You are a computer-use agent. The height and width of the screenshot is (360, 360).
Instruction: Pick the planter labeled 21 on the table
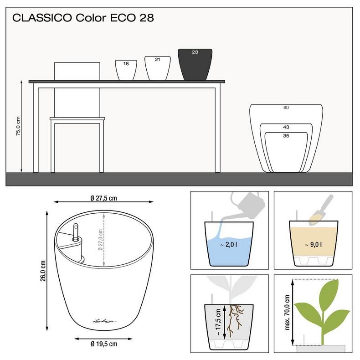click(157, 67)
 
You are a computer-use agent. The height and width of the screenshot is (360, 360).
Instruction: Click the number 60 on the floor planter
click(286, 108)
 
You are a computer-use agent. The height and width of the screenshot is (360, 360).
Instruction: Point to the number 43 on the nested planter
click(286, 127)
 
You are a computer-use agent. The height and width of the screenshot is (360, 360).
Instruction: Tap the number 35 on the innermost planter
click(286, 135)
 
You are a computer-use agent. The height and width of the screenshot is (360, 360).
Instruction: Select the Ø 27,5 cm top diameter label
click(104, 198)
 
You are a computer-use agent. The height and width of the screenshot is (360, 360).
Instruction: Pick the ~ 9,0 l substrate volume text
click(313, 245)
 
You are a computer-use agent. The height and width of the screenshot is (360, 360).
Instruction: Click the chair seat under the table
click(78, 119)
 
